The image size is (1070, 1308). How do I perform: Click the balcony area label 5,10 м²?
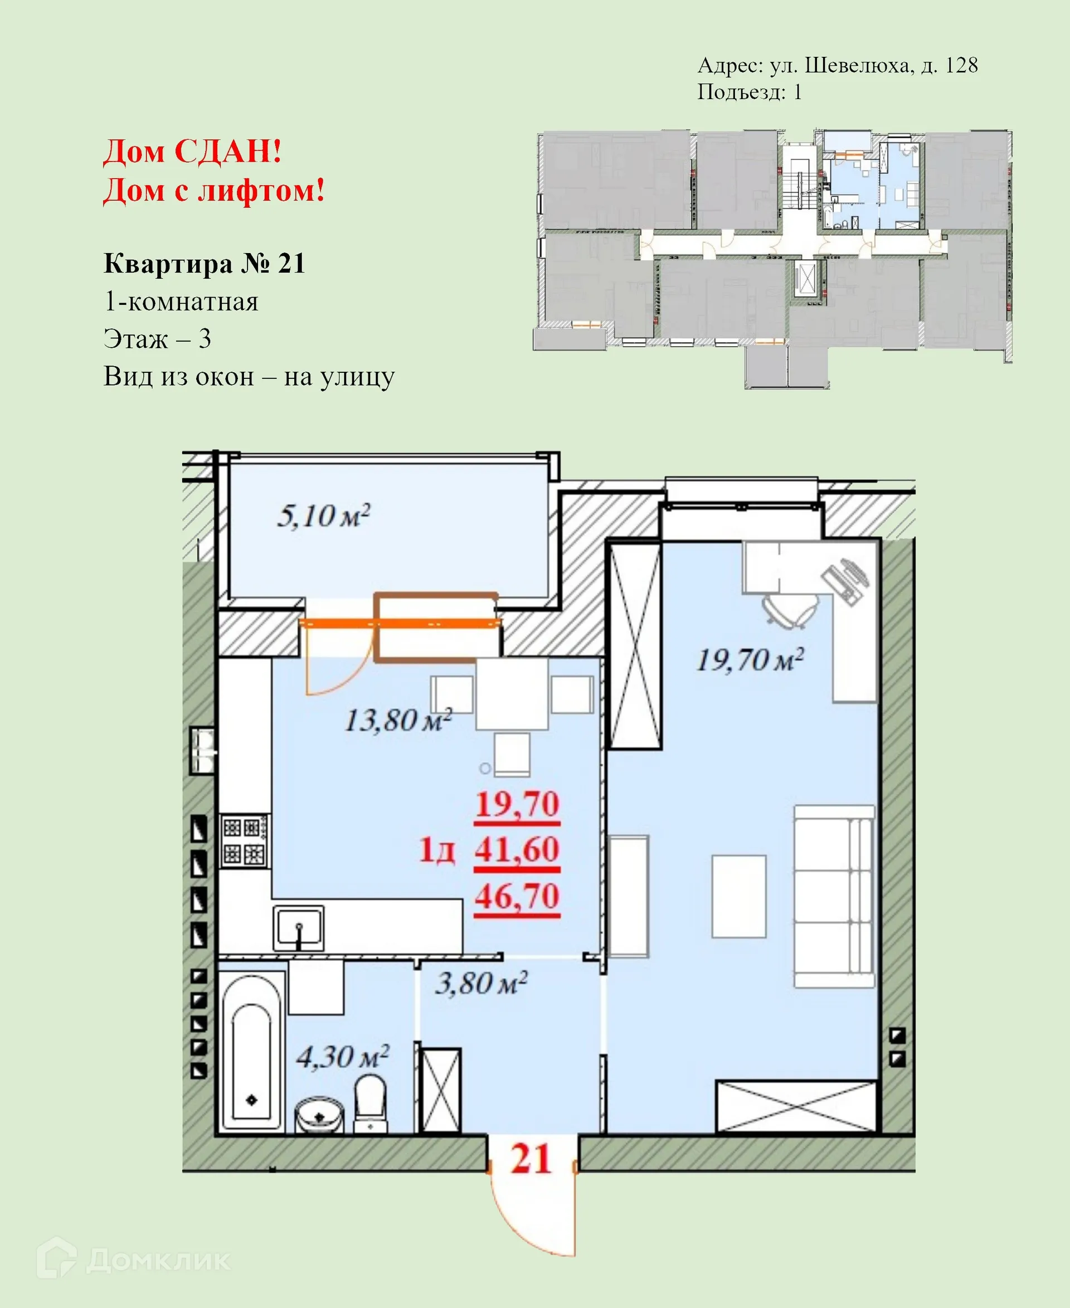tap(323, 516)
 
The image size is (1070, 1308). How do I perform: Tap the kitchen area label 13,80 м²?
tap(398, 720)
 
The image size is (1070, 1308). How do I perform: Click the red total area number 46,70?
tap(517, 896)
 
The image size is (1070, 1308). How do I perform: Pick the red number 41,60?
tap(517, 849)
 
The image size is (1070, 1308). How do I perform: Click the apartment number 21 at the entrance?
tap(531, 1159)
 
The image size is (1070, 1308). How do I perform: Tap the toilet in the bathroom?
tap(370, 1104)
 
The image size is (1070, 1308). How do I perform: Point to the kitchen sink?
tap(298, 928)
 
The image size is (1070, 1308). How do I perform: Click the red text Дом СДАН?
tap(192, 151)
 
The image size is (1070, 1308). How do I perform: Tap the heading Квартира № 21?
tap(204, 264)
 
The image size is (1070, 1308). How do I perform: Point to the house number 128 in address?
tap(961, 65)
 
